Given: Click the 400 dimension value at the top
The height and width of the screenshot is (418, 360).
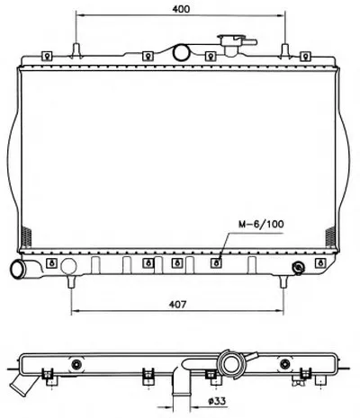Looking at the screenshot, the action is pyautogui.click(x=181, y=9).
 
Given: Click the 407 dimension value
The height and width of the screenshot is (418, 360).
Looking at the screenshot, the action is pyautogui.click(x=177, y=305).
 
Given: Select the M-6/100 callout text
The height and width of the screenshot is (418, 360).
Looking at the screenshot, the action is pyautogui.click(x=261, y=224).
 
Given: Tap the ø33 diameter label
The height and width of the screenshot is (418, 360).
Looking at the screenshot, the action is pyautogui.click(x=217, y=401).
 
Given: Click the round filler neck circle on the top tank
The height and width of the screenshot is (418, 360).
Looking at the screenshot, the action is pyautogui.click(x=181, y=52).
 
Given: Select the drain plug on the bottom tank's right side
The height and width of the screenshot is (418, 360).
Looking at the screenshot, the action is pyautogui.click(x=299, y=268).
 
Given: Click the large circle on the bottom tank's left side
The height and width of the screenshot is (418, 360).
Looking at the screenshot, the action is pyautogui.click(x=68, y=266).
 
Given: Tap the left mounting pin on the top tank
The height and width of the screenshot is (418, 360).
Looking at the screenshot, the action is pyautogui.click(x=76, y=50).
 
